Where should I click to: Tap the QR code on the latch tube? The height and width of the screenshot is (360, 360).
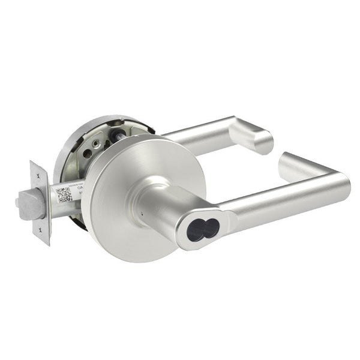(64, 194)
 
